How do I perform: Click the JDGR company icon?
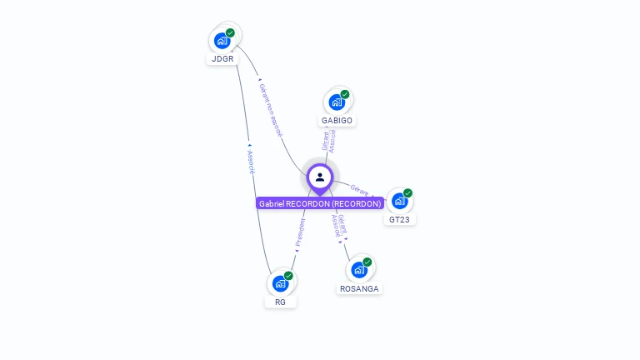click(x=222, y=40)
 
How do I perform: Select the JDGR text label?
click(x=222, y=59)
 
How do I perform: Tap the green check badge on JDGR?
click(x=230, y=33)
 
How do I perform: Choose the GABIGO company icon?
click(x=337, y=102)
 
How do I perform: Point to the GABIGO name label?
click(x=337, y=120)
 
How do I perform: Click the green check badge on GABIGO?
click(x=345, y=94)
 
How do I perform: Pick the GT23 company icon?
click(x=399, y=201)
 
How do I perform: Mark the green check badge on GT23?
click(x=407, y=193)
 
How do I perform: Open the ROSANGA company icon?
click(x=359, y=269)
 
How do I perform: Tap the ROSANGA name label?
click(x=359, y=288)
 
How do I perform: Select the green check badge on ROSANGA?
click(x=367, y=262)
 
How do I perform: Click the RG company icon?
click(x=280, y=283)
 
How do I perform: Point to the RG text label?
click(x=280, y=302)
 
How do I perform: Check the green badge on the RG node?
click(x=288, y=276)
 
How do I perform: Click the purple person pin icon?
click(x=320, y=177)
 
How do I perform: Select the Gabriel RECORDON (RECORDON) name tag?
click(x=320, y=203)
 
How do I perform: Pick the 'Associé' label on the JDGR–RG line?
click(x=251, y=161)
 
